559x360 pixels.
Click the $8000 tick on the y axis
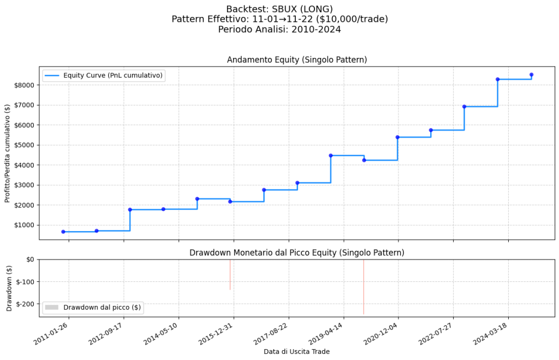tap(25, 85)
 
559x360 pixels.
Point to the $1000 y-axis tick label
tap(25, 225)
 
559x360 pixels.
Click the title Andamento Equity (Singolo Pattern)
tap(296, 60)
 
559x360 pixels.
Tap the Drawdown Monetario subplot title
tap(296, 252)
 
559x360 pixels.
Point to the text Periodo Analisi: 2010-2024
tap(279, 29)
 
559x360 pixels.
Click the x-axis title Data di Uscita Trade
tap(296, 351)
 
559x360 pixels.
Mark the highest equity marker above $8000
tap(531, 75)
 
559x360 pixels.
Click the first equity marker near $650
tap(63, 232)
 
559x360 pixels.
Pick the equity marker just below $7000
tap(464, 107)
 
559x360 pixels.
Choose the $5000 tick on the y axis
tap(25, 145)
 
